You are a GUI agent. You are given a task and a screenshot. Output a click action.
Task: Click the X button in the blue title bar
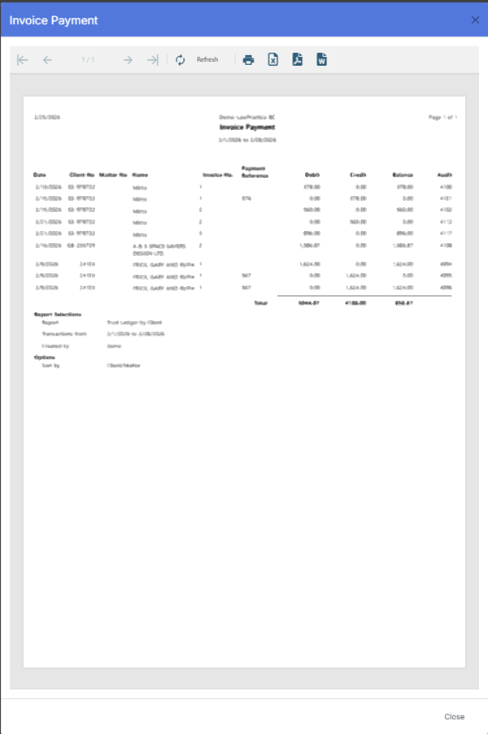pyautogui.click(x=475, y=20)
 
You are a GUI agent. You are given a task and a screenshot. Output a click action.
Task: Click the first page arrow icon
pyautogui.click(x=23, y=59)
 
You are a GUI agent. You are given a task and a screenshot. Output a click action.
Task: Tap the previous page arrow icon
pyautogui.click(x=47, y=59)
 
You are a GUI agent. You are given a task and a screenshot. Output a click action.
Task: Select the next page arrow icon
pyautogui.click(x=128, y=59)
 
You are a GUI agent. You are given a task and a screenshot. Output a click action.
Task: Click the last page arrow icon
pyautogui.click(x=152, y=59)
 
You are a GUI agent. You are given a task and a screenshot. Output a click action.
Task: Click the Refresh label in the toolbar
pyautogui.click(x=207, y=59)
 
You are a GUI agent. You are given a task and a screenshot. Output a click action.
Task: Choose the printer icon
pyautogui.click(x=249, y=59)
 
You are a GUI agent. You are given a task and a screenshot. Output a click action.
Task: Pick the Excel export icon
pyautogui.click(x=273, y=59)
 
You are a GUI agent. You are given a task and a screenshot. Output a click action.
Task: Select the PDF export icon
pyautogui.click(x=298, y=59)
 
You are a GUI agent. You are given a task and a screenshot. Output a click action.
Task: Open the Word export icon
pyautogui.click(x=322, y=59)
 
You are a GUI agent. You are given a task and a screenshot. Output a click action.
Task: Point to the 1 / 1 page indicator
pyautogui.click(x=88, y=59)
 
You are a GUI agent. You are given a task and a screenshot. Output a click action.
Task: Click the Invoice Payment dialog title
pyautogui.click(x=54, y=20)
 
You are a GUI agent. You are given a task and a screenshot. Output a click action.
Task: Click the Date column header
pyautogui.click(x=40, y=175)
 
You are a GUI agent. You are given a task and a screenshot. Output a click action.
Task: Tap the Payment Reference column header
pyautogui.click(x=255, y=172)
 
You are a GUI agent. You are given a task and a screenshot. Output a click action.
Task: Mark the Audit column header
pyautogui.click(x=445, y=175)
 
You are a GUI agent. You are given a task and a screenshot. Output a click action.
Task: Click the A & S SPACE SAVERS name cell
pyautogui.click(x=155, y=247)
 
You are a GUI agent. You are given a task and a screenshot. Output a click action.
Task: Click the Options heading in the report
pyautogui.click(x=45, y=357)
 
